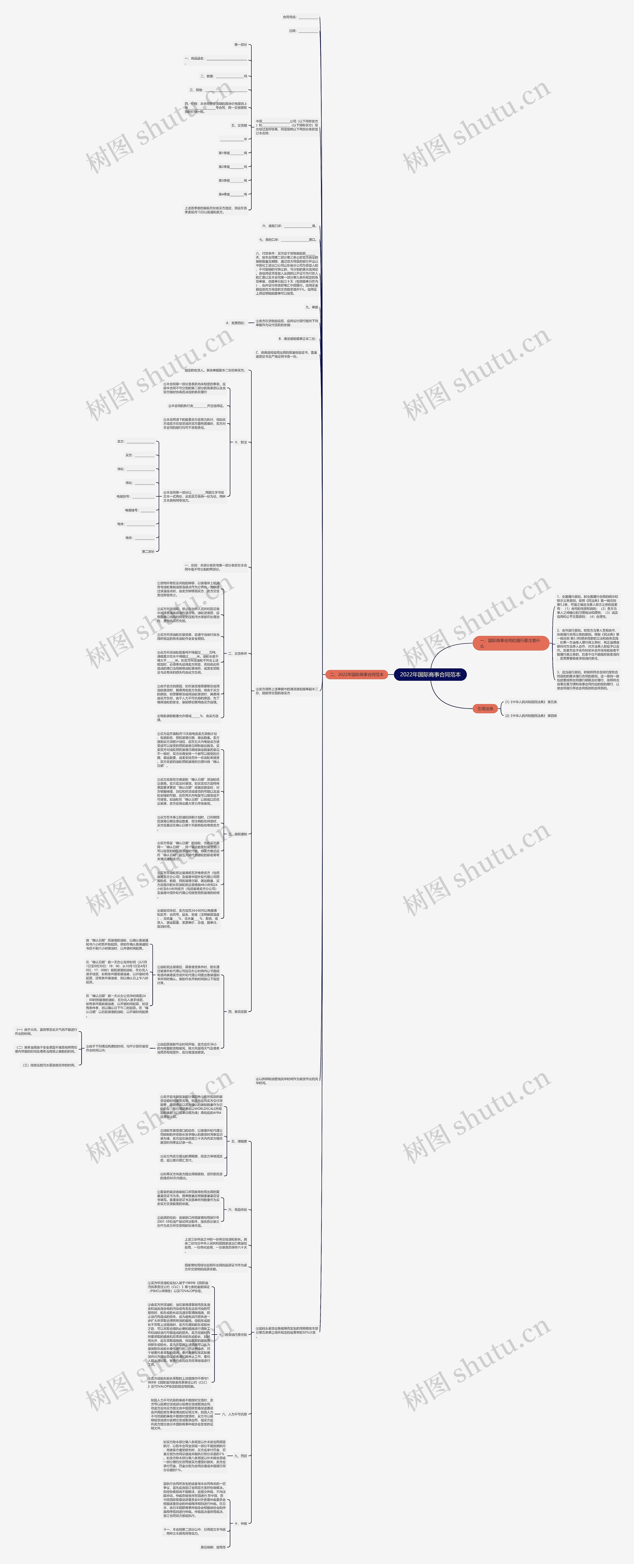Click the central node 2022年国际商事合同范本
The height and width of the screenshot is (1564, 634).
pos(430,675)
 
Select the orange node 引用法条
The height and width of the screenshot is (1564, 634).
pos(485,708)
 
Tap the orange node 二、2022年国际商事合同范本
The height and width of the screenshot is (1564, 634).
pos(356,675)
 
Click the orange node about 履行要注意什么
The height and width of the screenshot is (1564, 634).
pos(510,643)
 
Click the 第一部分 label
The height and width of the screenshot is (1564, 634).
pos(240,44)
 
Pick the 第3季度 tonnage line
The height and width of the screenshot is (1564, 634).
pos(233,180)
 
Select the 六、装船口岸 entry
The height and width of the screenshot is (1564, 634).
pos(289,226)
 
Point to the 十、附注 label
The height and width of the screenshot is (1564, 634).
pos(240,442)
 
